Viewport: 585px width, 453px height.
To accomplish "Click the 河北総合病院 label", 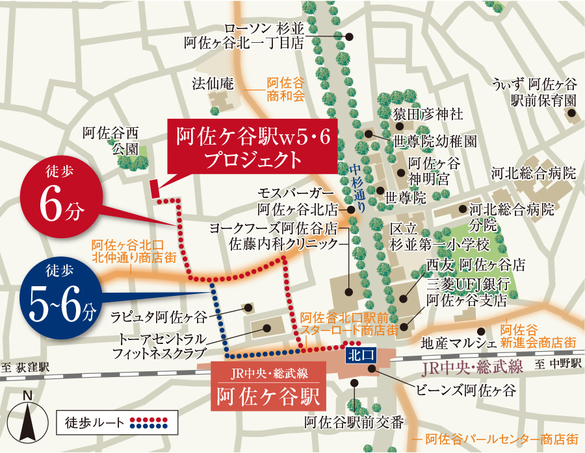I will tap(534, 173).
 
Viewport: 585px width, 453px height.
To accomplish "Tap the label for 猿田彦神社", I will tap(428, 114).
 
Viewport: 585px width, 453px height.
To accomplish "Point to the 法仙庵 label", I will tap(212, 84).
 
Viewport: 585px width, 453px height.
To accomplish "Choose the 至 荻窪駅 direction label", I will tap(26, 366).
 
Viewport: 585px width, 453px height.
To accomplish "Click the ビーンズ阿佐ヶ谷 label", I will tap(465, 391).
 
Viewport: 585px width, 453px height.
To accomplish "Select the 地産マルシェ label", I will tap(459, 342).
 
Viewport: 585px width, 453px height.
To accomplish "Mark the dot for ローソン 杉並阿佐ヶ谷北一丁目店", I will tap(350, 37).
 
